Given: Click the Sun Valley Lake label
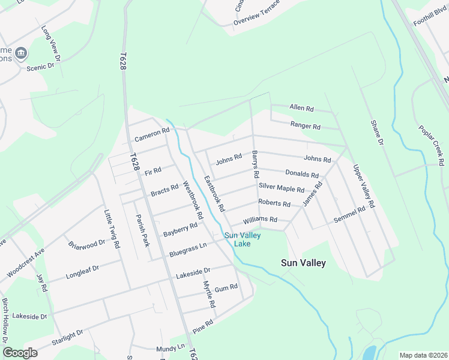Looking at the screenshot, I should (x=243, y=239).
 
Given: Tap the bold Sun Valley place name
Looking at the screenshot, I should (x=304, y=263).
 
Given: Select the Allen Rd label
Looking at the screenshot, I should (x=302, y=109).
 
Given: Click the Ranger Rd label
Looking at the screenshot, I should (x=306, y=126).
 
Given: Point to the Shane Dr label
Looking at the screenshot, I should (x=376, y=131).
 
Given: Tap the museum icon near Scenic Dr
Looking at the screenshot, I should (x=21, y=53).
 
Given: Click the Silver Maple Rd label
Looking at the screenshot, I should (x=282, y=188).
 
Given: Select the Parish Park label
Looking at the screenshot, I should (x=142, y=230).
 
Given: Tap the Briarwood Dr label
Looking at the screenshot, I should (x=87, y=244).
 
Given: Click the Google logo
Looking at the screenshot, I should (x=20, y=353).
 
